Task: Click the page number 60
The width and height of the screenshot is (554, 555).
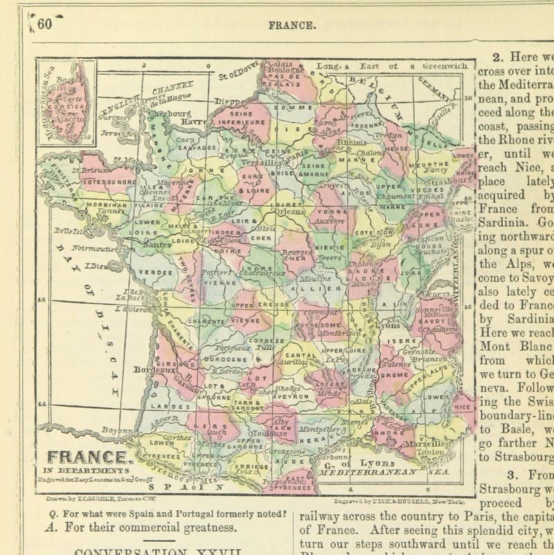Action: point(44,24)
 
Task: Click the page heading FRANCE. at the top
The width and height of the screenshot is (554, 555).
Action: point(293,25)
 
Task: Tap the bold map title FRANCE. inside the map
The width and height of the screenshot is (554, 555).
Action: point(88,457)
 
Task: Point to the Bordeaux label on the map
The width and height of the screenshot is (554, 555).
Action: point(154,370)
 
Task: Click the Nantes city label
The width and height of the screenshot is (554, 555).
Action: point(159,244)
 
